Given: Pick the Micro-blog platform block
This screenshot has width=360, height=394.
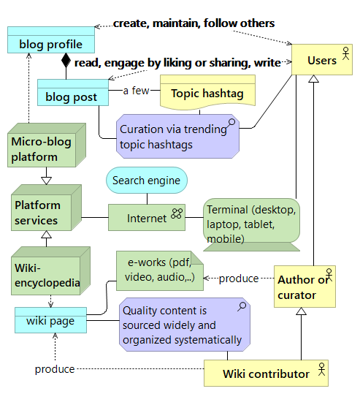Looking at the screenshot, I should click(44, 148).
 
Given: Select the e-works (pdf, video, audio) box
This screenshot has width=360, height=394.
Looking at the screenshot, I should click(158, 271).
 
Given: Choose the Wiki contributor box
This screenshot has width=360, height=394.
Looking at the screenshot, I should click(266, 373).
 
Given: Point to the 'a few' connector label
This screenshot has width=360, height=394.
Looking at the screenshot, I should click(136, 91).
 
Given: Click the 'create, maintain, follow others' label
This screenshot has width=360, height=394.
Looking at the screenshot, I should click(194, 24).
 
